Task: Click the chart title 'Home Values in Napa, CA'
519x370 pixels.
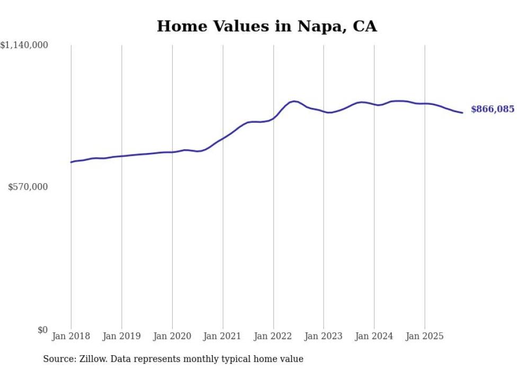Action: point(266,26)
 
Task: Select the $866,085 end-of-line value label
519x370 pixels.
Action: point(492,110)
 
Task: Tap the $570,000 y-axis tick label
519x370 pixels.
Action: point(28,187)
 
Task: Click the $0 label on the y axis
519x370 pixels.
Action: point(42,330)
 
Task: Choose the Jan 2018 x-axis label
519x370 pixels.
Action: point(71,336)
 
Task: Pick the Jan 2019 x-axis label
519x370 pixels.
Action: point(122,336)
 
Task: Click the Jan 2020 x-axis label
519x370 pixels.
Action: point(172,336)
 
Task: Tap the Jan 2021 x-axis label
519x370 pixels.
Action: point(222,336)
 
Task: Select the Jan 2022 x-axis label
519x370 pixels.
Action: point(273,336)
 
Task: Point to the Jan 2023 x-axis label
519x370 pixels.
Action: point(324,336)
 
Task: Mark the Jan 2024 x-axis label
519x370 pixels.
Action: point(374,336)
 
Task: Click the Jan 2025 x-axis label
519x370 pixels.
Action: point(425,336)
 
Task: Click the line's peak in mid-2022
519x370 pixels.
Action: point(294,101)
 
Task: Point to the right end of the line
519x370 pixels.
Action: point(462,112)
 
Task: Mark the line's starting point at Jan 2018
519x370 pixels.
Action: point(71,162)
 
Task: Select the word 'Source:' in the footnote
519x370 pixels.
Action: point(58,359)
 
